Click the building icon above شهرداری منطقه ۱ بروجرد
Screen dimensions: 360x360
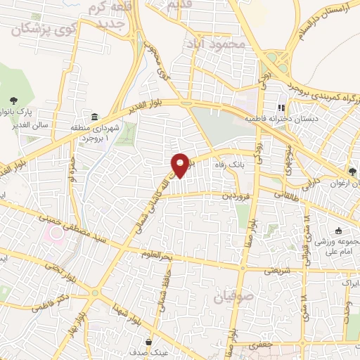click(94, 116)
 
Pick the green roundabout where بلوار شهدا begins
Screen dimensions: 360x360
click(95, 292)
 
